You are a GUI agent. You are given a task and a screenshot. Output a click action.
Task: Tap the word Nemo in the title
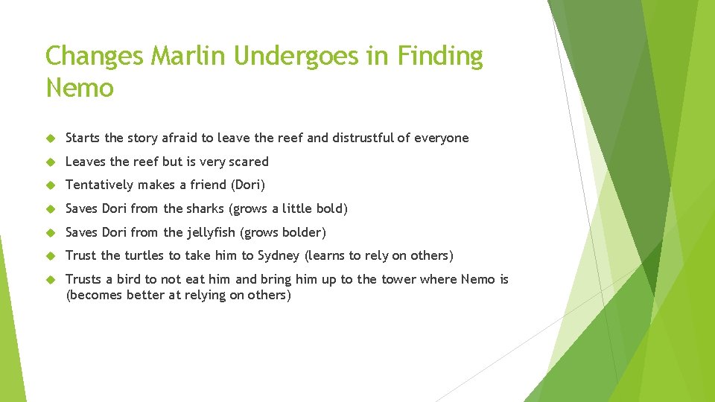tap(80, 89)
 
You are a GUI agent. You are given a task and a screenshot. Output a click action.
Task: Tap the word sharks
tap(205, 208)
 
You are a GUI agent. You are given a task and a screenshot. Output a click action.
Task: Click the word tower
tap(399, 279)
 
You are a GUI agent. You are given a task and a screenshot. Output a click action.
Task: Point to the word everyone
tap(442, 138)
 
